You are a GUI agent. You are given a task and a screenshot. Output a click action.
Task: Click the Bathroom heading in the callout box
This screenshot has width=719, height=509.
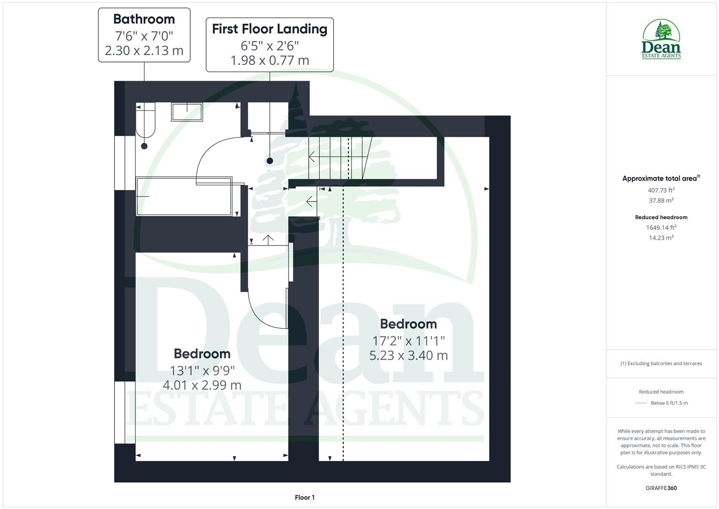pyautogui.click(x=144, y=19)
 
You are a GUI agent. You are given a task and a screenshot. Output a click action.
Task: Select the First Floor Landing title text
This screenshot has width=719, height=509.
pyautogui.click(x=269, y=29)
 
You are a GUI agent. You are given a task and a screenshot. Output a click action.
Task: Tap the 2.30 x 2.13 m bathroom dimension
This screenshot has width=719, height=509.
pyautogui.click(x=144, y=51)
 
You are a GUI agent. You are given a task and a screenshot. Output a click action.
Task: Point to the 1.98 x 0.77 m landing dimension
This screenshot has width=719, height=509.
pyautogui.click(x=269, y=61)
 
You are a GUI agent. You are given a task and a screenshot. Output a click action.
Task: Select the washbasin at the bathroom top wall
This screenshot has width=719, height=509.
pyautogui.click(x=187, y=112)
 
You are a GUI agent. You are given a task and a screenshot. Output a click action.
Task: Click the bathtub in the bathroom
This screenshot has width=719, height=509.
pyautogui.click(x=184, y=197)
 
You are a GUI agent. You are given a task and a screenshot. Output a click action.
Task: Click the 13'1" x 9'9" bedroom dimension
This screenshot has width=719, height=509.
pyautogui.click(x=202, y=370)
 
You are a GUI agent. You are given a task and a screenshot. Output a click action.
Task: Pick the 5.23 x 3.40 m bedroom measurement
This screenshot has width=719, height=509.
pyautogui.click(x=408, y=355)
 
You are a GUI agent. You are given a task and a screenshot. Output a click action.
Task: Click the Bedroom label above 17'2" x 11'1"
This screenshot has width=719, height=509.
pyautogui.click(x=408, y=324)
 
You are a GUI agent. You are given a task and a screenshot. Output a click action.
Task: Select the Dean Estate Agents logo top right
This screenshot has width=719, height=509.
pyautogui.click(x=661, y=40)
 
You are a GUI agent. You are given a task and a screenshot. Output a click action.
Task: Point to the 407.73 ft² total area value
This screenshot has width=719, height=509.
pyautogui.click(x=661, y=190)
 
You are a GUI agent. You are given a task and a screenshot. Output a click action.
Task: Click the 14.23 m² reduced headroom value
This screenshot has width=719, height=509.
pyautogui.click(x=661, y=238)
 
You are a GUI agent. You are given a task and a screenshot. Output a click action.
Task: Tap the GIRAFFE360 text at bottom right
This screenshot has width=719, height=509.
pyautogui.click(x=661, y=488)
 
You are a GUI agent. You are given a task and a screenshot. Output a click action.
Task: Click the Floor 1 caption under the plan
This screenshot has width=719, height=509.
pyautogui.click(x=305, y=498)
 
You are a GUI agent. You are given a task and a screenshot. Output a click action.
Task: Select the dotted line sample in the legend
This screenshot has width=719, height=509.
pyautogui.click(x=641, y=403)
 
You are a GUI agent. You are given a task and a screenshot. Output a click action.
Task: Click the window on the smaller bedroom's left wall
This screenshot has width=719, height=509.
pyautogui.click(x=120, y=412)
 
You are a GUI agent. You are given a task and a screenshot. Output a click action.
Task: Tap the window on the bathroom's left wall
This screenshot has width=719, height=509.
pyautogui.click(x=120, y=163)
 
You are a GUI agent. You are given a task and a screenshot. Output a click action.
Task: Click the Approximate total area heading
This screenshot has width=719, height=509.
pyautogui.click(x=660, y=179)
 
